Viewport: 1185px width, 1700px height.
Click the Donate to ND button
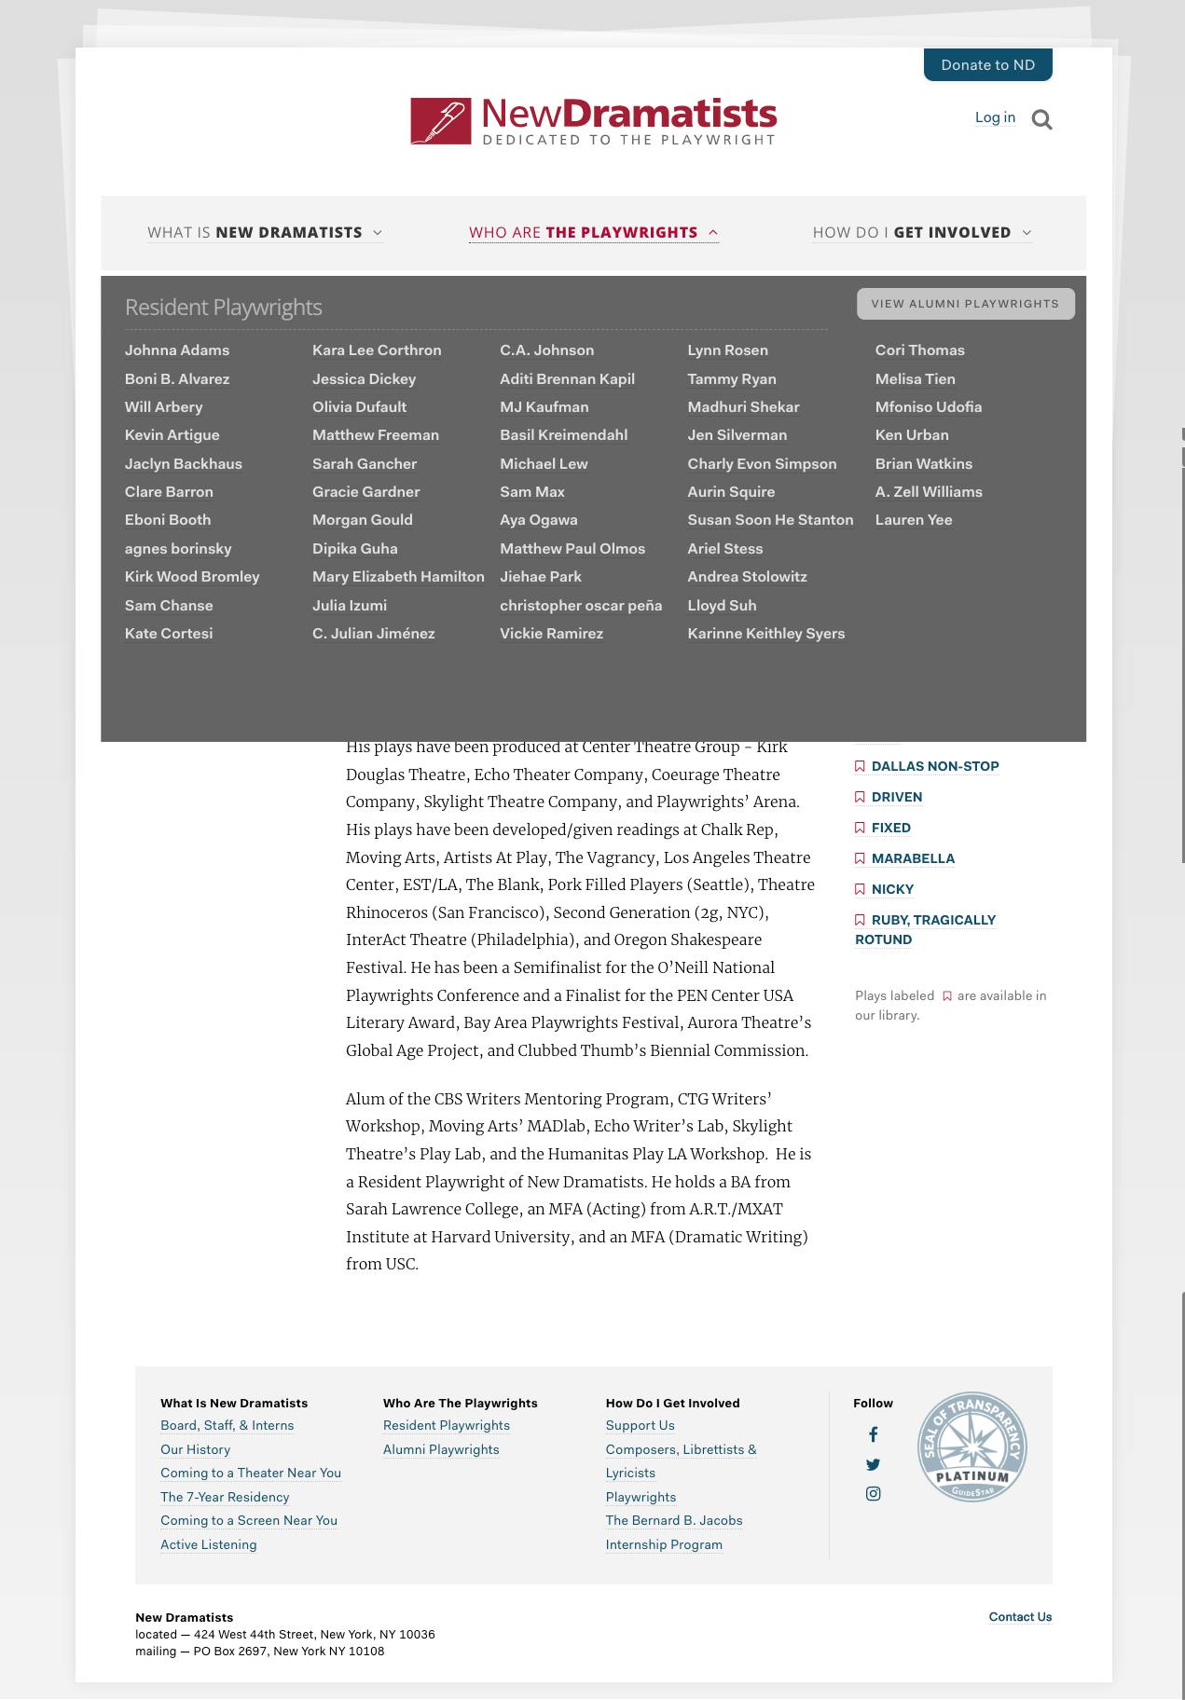[987, 64]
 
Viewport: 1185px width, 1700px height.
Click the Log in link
[995, 117]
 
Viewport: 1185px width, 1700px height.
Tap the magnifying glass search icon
[1042, 119]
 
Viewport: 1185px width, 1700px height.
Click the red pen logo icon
[441, 121]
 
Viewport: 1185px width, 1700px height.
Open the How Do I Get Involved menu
[921, 232]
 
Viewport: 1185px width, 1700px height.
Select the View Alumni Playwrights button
[965, 304]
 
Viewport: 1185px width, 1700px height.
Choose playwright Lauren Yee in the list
[913, 520]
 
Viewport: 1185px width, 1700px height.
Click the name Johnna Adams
[177, 350]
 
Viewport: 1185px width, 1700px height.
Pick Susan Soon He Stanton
[770, 520]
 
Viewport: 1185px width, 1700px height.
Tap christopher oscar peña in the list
[581, 605]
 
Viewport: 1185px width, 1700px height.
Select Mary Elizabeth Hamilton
[398, 577]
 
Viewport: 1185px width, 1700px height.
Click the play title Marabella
[913, 858]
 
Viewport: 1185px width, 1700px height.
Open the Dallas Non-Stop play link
[934, 766]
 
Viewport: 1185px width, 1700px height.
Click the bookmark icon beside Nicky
[860, 889]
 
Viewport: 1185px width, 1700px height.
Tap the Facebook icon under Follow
[873, 1434]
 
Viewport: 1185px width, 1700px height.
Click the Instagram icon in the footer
[873, 1493]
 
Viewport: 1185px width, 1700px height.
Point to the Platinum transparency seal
[971, 1446]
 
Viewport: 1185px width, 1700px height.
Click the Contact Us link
[1020, 1617]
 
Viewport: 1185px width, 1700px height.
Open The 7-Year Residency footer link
[225, 1497]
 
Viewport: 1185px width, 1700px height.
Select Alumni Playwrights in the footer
[441, 1449]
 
